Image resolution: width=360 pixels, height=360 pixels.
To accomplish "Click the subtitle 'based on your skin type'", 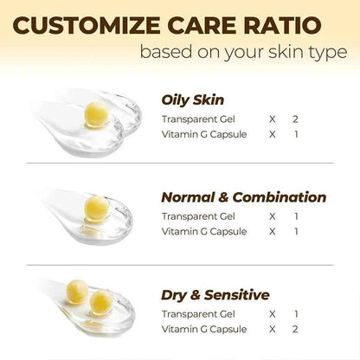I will pos(244,53).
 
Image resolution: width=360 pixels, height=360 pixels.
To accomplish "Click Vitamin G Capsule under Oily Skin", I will pos(198,134).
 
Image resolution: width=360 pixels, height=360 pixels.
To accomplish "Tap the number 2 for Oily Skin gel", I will pos(295,119).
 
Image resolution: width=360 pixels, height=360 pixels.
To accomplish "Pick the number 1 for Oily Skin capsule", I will pos(295,134).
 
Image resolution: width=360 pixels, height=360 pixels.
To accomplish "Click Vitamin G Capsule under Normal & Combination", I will pos(198,232).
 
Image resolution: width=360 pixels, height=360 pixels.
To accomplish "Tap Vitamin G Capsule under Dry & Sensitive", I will pos(198,331).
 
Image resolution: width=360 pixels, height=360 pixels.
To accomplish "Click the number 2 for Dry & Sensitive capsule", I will pos(295,331).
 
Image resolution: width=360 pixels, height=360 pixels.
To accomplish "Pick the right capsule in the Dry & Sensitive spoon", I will pos(102,301).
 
